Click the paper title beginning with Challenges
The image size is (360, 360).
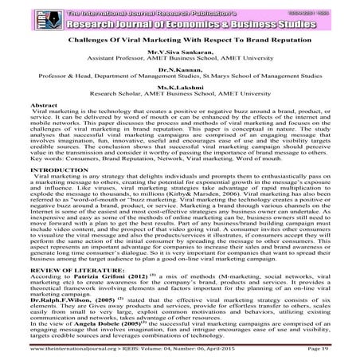(x=179, y=38)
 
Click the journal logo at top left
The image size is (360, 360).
(x=14, y=14)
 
